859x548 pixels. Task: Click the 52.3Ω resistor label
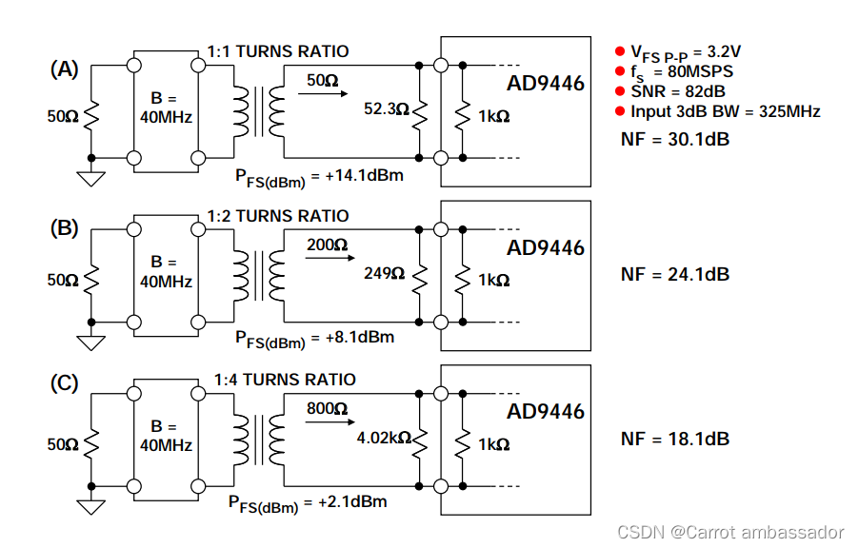pos(386,110)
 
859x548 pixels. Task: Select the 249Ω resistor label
pos(385,274)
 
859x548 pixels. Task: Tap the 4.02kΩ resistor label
pos(383,439)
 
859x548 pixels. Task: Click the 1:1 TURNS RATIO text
pos(278,51)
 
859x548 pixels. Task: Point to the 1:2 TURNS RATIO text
pos(278,216)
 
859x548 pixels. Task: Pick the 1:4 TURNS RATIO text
pos(285,380)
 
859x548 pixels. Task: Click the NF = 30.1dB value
pos(675,139)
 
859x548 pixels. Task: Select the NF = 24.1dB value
pos(675,274)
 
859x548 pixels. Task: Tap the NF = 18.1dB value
pos(675,439)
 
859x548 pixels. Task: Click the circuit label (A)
pos(64,68)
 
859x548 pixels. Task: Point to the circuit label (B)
pos(64,230)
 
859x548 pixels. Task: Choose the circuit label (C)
pos(64,383)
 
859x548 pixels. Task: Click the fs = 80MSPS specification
pos(681,71)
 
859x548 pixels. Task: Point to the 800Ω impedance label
pos(327,409)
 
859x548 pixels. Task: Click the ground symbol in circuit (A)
pos(91,178)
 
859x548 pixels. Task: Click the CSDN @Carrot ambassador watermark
pos(730,532)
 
